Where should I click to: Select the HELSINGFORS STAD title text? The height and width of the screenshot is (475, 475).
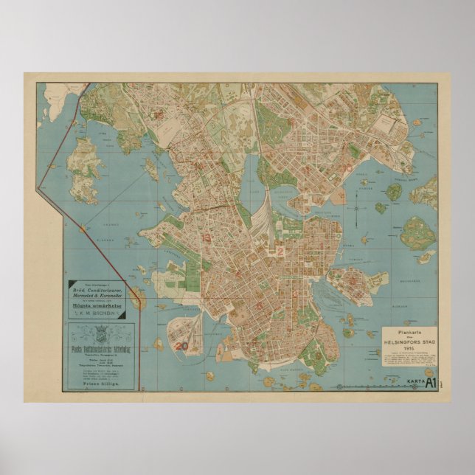tap(409, 344)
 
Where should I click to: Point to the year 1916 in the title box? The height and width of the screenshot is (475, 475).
tap(409, 350)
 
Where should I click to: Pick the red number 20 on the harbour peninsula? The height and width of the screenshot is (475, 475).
tap(181, 344)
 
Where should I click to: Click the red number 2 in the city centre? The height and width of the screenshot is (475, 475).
tap(280, 252)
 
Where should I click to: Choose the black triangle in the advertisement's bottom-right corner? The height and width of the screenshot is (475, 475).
tap(122, 316)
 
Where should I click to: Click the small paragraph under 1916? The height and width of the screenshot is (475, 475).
tap(409, 358)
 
